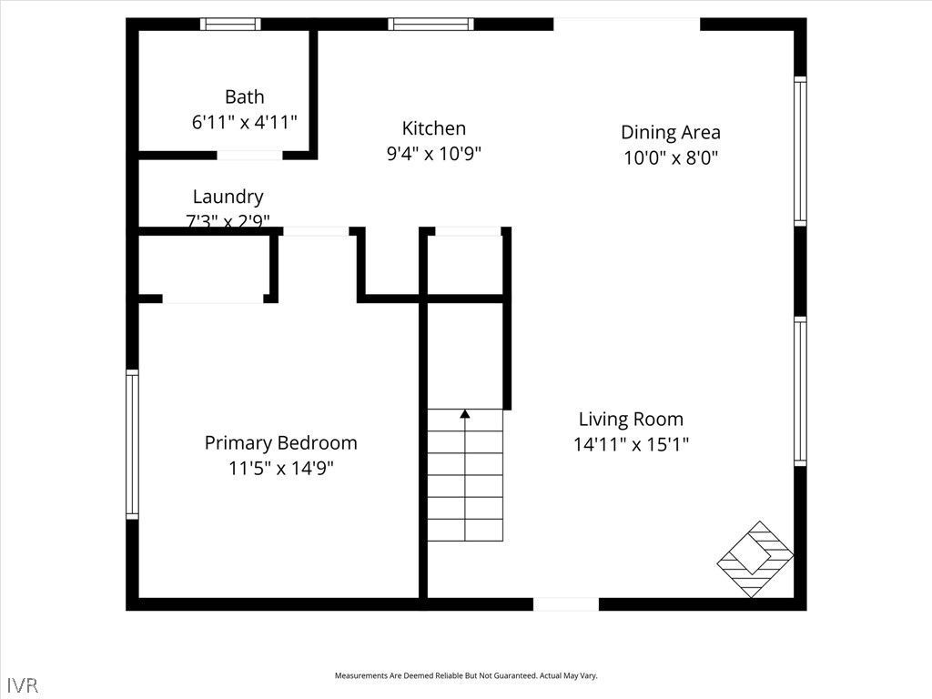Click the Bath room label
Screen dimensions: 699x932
[x=244, y=96]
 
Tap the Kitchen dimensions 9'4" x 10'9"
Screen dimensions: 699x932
[x=433, y=154]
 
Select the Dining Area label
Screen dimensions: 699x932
[x=670, y=133]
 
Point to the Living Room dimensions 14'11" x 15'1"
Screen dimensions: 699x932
[x=631, y=445]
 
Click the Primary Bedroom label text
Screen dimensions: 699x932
[x=280, y=443]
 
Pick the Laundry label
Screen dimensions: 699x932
[x=228, y=197]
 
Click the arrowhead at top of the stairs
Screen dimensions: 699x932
[x=465, y=415]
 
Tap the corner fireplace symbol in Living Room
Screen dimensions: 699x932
[x=755, y=559]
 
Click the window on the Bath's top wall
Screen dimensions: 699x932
[x=230, y=25]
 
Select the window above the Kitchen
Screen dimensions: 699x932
[x=431, y=25]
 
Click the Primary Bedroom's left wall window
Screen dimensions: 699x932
[x=133, y=444]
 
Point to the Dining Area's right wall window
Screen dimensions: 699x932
[x=800, y=151]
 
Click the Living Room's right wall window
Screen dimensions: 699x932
[x=800, y=391]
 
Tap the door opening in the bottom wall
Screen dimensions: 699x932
[x=565, y=604]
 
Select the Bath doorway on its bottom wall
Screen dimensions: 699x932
[x=248, y=156]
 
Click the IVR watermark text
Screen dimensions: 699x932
[x=23, y=684]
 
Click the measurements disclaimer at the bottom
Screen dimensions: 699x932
[x=465, y=676]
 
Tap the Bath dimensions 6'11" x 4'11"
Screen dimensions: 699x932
[x=244, y=122]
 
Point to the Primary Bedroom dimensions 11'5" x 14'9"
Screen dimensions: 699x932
[x=280, y=469]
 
